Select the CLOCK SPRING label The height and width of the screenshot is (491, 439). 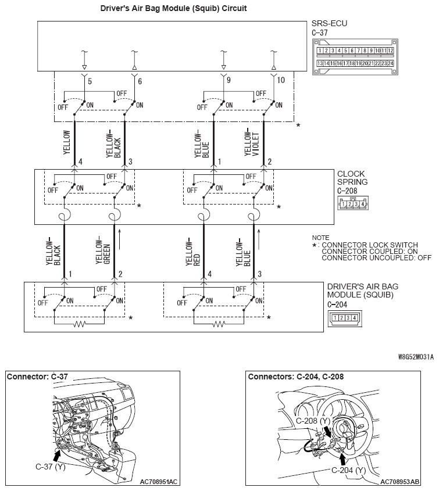[x=352, y=178]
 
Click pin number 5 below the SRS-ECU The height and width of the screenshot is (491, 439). [x=90, y=81]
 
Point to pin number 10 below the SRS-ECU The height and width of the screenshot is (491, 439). [x=281, y=81]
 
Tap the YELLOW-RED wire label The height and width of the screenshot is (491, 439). [x=191, y=253]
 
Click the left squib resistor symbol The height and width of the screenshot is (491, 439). [x=80, y=323]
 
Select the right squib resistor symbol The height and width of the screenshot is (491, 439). [x=219, y=323]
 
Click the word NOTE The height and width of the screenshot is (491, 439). [x=320, y=238]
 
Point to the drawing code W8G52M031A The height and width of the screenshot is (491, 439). [x=416, y=357]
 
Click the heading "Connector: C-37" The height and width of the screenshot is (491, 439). [x=37, y=377]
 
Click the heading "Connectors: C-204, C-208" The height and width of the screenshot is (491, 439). [x=295, y=377]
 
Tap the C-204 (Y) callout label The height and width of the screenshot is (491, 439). [x=348, y=470]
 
